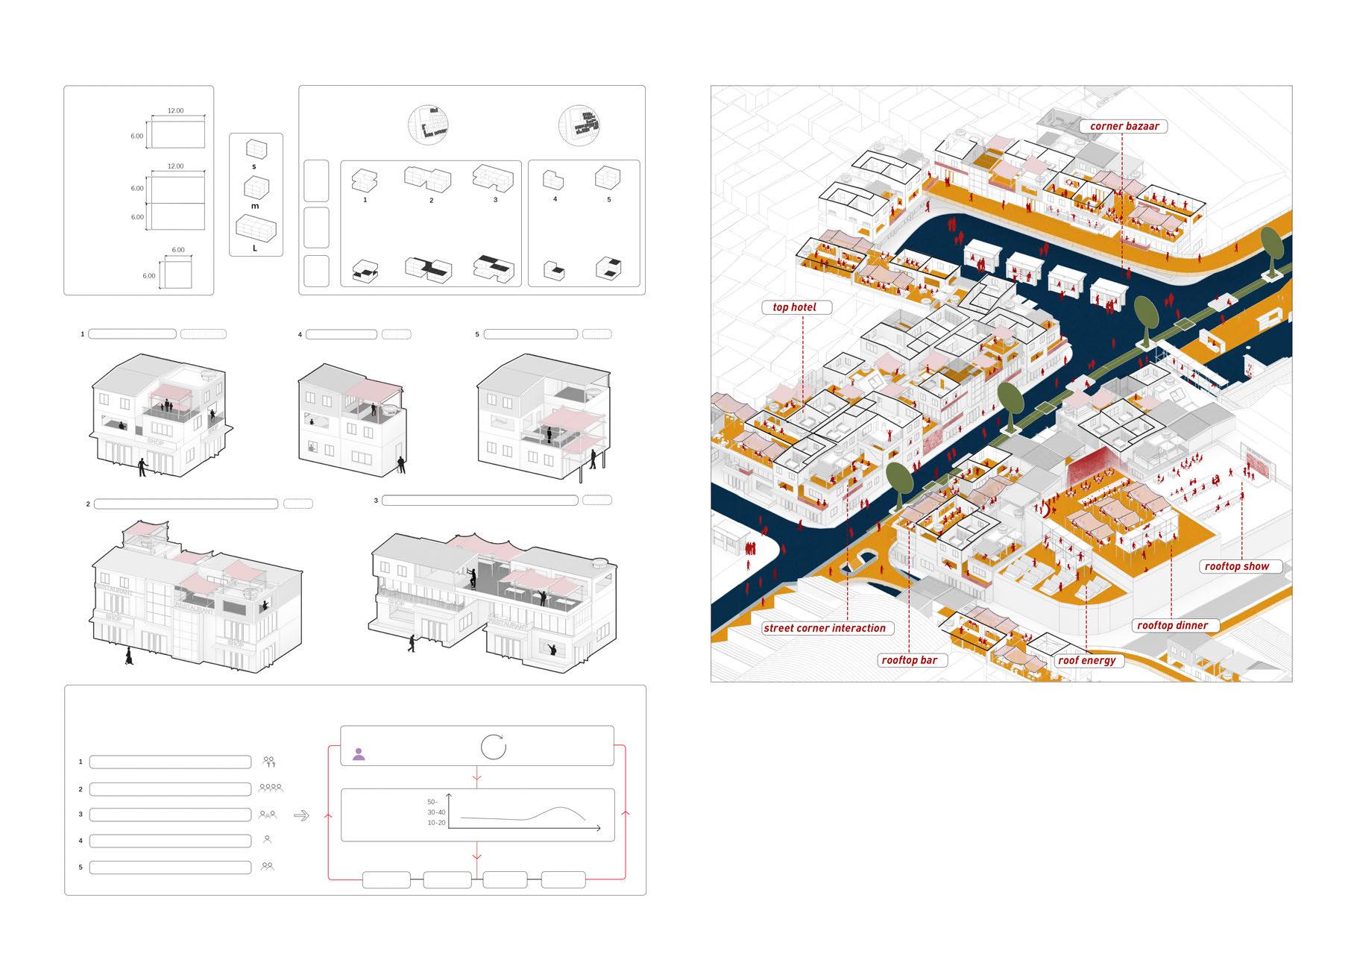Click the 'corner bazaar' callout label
click(x=1124, y=126)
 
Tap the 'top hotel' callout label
click(x=794, y=307)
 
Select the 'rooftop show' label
click(x=1237, y=566)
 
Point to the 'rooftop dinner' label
click(x=1171, y=625)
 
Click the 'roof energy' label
click(x=1086, y=660)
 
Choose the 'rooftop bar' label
click(x=909, y=660)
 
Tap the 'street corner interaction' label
click(x=824, y=628)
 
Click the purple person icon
click(x=359, y=753)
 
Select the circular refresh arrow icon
click(x=494, y=747)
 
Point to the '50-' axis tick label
click(x=432, y=802)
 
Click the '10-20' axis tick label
click(x=436, y=823)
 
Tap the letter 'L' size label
click(x=255, y=248)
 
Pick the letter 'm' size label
click(x=255, y=206)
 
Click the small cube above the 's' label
click(x=255, y=149)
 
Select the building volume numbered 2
click(x=429, y=179)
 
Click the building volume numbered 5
click(x=608, y=178)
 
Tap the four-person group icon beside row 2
click(x=271, y=788)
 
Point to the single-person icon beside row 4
click(x=268, y=840)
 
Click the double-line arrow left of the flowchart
click(x=301, y=816)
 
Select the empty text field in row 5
click(x=170, y=868)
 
